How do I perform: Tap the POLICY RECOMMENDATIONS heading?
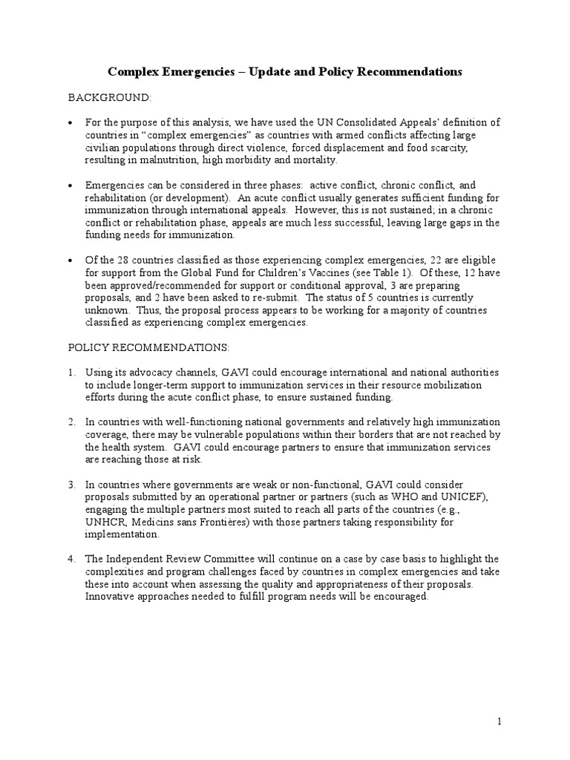click(149, 347)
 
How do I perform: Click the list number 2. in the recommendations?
click(72, 422)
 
